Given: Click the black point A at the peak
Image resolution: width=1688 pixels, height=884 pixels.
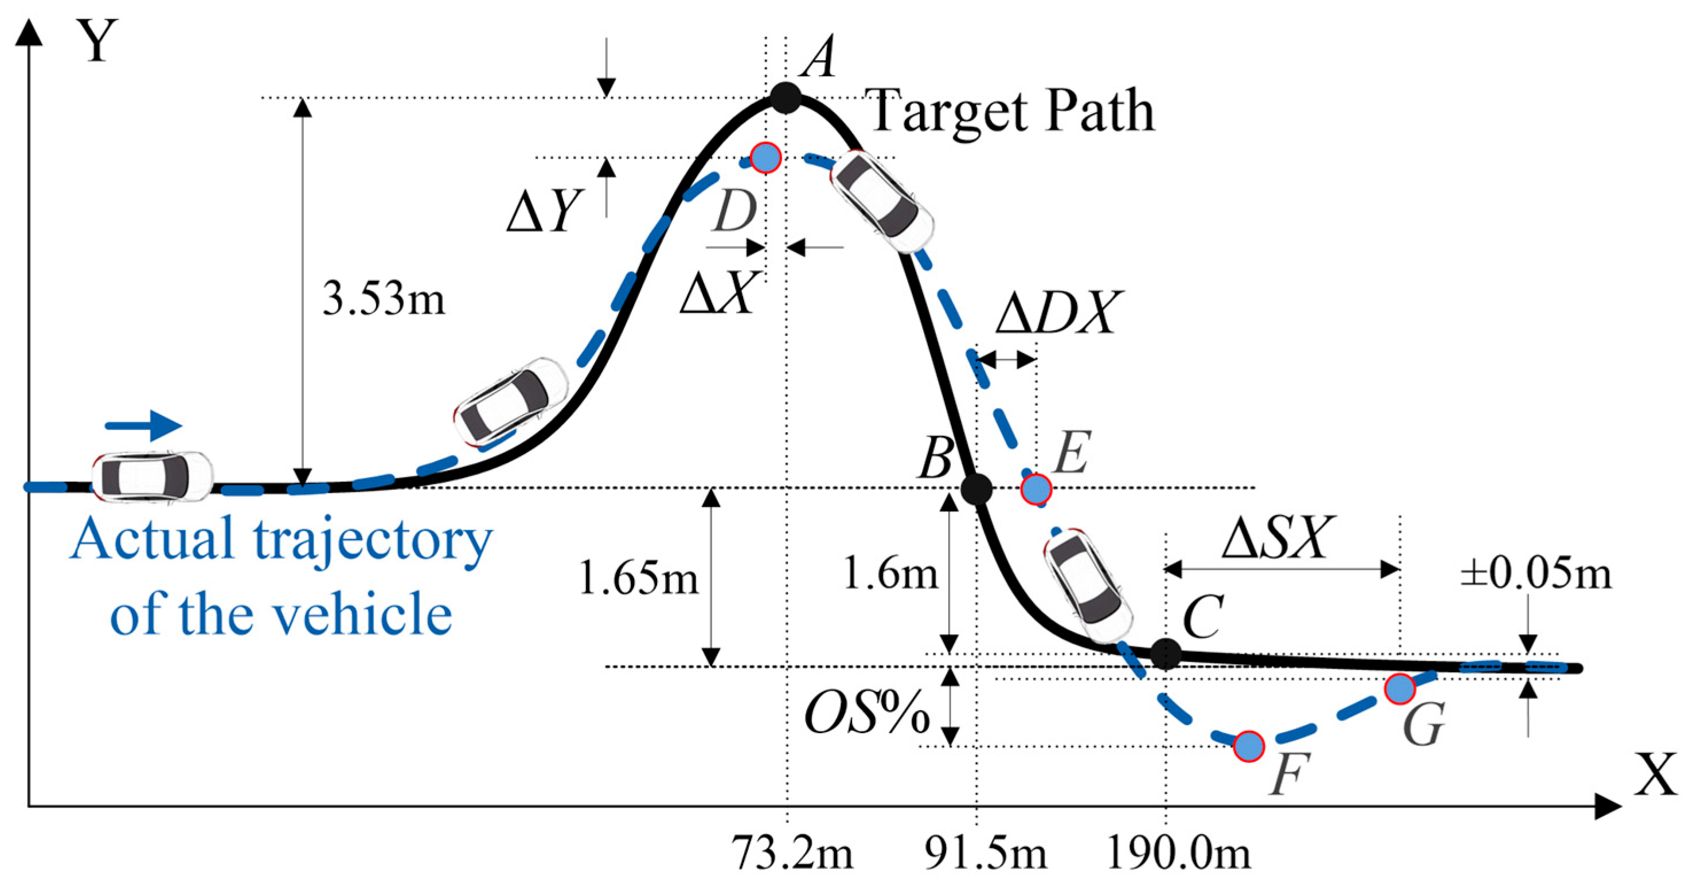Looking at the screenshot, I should click(x=786, y=98).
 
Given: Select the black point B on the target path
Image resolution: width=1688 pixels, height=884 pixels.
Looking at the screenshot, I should click(x=976, y=488).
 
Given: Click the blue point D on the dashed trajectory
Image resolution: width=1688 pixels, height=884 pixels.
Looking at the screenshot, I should click(x=765, y=157).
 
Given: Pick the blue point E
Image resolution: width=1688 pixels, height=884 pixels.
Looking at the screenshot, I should click(x=1036, y=488).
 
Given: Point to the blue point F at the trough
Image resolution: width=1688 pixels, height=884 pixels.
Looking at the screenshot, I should click(x=1248, y=746).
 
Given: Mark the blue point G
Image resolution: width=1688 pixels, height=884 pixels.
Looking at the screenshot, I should click(x=1400, y=689).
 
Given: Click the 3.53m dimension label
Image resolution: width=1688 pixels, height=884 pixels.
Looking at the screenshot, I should click(x=384, y=299).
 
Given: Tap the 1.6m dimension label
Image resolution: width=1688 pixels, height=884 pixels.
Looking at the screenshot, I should click(x=890, y=573).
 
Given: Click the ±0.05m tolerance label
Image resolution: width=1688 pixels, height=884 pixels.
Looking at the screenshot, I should click(x=1535, y=573).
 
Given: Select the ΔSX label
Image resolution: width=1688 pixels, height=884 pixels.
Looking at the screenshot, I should click(x=1277, y=537).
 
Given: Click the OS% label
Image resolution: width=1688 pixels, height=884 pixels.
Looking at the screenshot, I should click(x=866, y=713).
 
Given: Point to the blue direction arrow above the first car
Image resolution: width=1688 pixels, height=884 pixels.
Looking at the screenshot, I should click(x=143, y=426).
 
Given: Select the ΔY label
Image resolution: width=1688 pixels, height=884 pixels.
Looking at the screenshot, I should click(x=544, y=212).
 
